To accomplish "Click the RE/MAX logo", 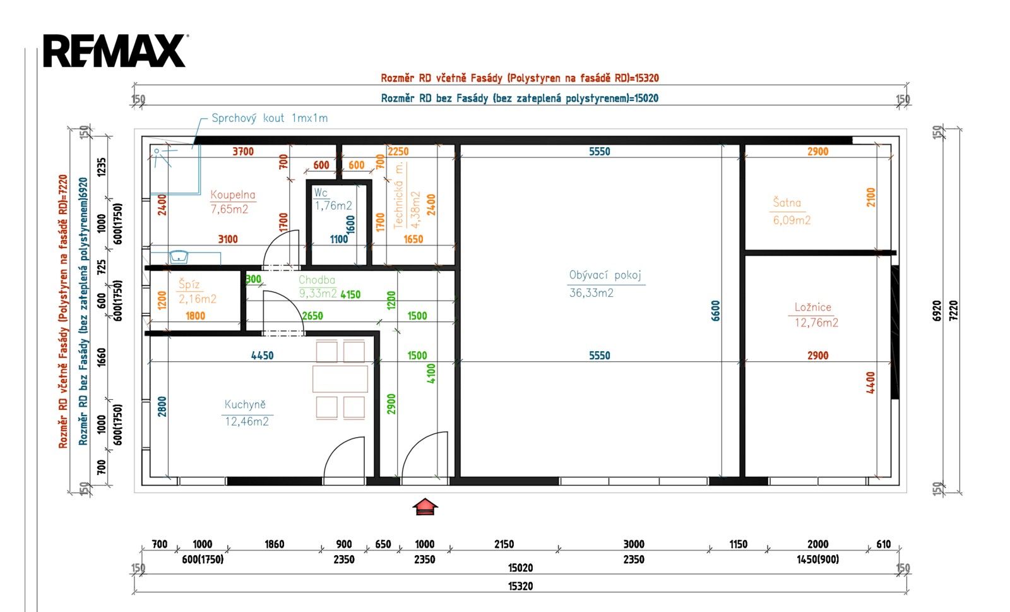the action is (115, 51).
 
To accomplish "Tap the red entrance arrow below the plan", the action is (425, 507).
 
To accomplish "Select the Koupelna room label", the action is (233, 195).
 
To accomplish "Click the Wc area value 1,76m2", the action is (333, 206).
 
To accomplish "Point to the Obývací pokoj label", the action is (605, 275).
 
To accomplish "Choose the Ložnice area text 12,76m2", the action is (816, 323).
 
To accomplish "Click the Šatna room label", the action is (787, 203).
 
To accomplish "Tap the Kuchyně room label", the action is (245, 405).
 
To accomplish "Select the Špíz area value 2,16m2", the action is (198, 299).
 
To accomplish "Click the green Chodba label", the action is (316, 280).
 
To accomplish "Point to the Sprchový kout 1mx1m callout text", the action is (270, 118).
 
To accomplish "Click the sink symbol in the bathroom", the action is (179, 256).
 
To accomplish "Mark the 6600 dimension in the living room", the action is (716, 311).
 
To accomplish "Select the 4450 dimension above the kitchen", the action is (263, 356).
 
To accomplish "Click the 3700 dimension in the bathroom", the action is (243, 152).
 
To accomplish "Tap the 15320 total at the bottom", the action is (520, 586).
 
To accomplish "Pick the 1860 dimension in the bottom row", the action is (274, 544).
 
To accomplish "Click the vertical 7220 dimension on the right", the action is (953, 311).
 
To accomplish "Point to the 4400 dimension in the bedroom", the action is (870, 383).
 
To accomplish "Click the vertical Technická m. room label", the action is (398, 195).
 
